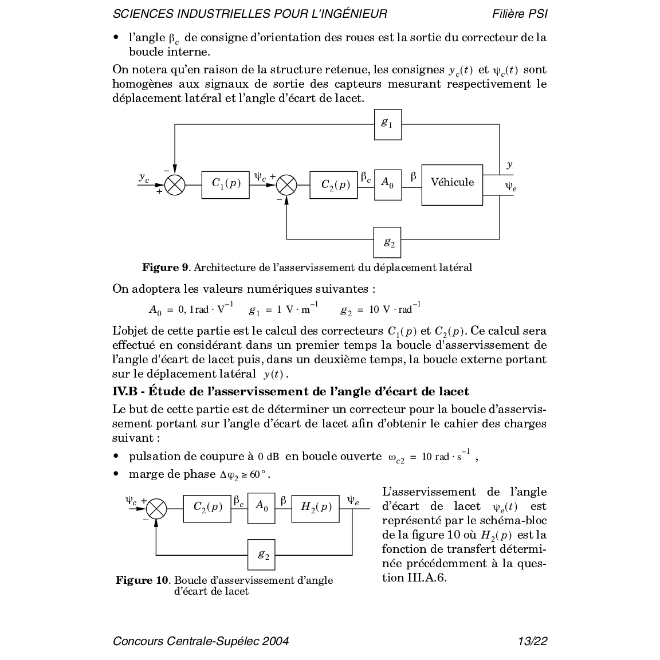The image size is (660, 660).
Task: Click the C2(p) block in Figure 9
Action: (x=333, y=184)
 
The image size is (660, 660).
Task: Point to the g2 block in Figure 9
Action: (x=388, y=242)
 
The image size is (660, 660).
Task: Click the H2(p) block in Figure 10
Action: (x=315, y=508)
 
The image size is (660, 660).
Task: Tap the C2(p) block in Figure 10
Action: (x=207, y=508)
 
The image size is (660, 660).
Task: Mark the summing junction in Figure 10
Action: (x=156, y=508)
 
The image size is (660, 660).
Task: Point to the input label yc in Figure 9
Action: (x=144, y=178)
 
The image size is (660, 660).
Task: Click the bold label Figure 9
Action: (x=165, y=268)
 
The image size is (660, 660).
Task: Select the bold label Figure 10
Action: (x=142, y=580)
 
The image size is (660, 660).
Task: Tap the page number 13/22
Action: (x=532, y=641)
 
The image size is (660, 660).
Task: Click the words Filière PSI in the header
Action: (x=519, y=14)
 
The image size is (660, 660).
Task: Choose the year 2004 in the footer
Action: (x=275, y=641)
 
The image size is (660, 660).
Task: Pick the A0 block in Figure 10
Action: (x=261, y=508)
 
